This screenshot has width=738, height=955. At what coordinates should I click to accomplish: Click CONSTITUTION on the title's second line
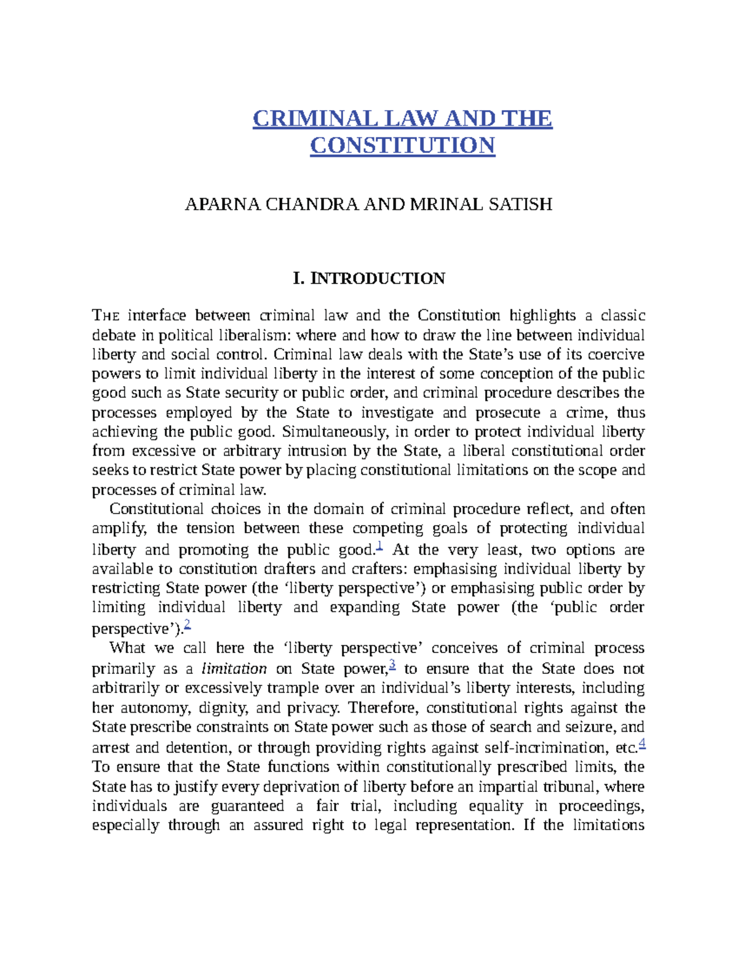[x=402, y=146]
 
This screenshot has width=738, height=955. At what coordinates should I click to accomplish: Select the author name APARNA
[x=223, y=204]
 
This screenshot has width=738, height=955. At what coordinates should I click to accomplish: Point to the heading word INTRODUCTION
[x=378, y=279]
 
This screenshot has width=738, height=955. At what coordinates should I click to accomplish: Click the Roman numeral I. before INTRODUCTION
[x=299, y=279]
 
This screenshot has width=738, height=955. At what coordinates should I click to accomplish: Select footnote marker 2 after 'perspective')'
[x=188, y=625]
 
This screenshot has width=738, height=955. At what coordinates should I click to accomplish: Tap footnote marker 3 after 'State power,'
[x=392, y=665]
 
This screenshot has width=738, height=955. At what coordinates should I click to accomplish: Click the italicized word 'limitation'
[x=234, y=669]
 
